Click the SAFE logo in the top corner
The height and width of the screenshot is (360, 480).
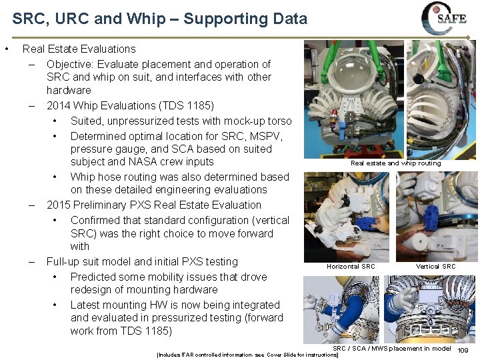(x=444, y=18)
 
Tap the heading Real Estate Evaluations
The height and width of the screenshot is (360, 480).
(x=79, y=49)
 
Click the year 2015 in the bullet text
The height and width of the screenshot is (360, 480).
(x=59, y=205)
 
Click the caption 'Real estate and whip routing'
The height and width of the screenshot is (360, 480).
(x=395, y=163)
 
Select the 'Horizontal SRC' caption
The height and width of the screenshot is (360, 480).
(x=351, y=267)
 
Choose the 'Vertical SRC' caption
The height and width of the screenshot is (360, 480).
(x=435, y=267)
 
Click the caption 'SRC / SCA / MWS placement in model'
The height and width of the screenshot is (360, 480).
(x=391, y=348)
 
